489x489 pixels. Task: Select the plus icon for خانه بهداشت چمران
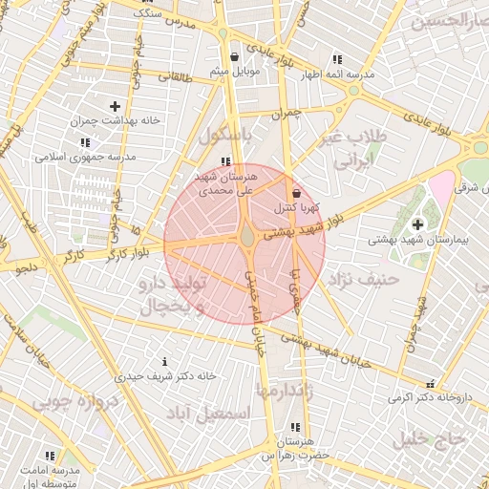116,106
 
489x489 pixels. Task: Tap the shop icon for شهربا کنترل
296,193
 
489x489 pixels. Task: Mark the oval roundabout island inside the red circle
246,233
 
